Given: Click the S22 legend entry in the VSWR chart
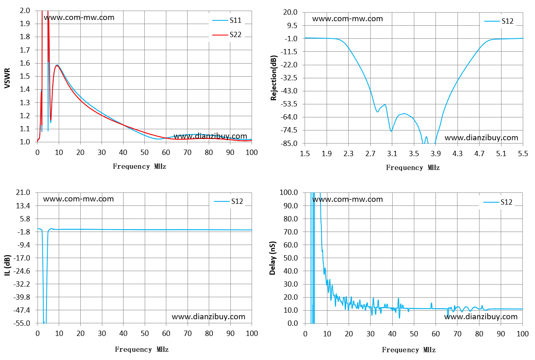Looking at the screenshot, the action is click(227, 35).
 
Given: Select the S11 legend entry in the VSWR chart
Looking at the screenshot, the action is click(227, 20).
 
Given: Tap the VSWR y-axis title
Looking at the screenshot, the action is click(7, 78).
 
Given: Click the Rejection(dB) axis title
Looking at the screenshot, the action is click(274, 78).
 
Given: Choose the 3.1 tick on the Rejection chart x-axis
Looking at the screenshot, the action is click(392, 154).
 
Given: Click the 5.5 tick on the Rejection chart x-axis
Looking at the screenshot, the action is click(523, 154).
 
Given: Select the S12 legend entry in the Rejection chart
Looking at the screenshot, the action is click(499, 21).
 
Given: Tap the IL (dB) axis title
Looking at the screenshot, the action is click(7, 265).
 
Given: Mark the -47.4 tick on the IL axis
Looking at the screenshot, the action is click(22, 310).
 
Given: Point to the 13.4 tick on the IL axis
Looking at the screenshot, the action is click(23, 206).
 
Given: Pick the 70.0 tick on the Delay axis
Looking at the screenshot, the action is click(291, 232).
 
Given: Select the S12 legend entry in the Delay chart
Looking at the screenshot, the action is click(498, 203).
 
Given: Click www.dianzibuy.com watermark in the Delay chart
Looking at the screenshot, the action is click(481, 317).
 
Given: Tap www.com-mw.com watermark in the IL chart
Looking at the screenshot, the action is click(78, 199).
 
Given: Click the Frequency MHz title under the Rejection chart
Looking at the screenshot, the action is click(413, 168).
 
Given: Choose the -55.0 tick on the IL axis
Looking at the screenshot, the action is click(22, 323).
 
